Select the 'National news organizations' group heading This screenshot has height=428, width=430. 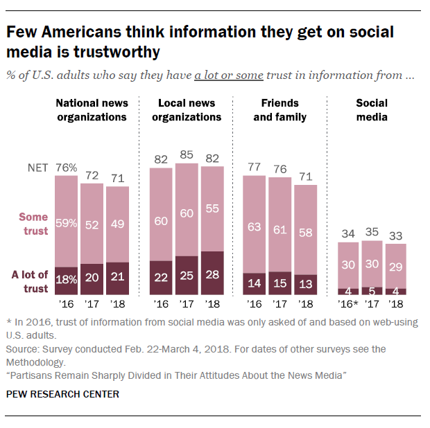coord(92,110)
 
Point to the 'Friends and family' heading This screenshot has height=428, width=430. coord(279,110)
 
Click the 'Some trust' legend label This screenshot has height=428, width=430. coord(33,224)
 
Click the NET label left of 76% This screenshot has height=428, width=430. coord(36,168)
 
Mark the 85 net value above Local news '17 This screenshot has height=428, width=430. coord(187,157)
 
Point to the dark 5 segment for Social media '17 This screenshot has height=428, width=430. coord(372,291)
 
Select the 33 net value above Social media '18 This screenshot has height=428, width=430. coord(395,235)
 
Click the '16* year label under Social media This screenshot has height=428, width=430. coord(349,303)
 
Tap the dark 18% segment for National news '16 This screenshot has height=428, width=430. coord(66,280)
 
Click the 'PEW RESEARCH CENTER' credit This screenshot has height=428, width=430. coord(62,394)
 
